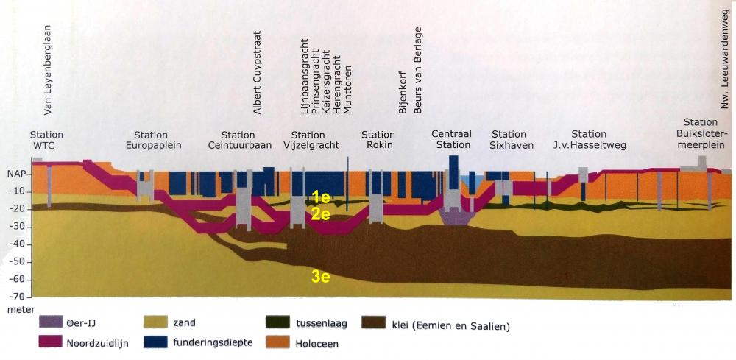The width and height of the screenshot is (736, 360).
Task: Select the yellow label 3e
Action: [x=319, y=277]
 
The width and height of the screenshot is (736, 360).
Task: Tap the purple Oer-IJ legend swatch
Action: [x=49, y=322]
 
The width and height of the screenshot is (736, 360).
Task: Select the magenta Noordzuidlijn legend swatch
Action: [x=49, y=342]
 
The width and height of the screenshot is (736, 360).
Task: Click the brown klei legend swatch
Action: [x=375, y=322]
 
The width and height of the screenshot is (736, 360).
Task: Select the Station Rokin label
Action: [x=378, y=140]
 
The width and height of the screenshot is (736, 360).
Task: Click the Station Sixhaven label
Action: [x=509, y=140]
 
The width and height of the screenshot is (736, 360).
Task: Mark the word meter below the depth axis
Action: [x=17, y=310]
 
